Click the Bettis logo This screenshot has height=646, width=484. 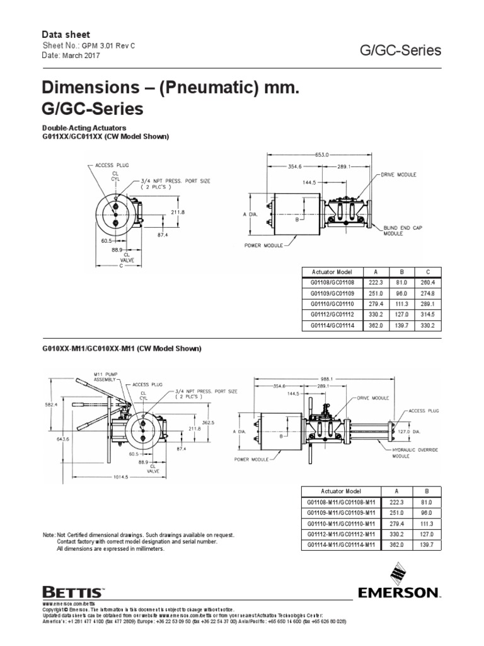[72, 592]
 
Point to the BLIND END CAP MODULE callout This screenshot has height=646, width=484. [401, 229]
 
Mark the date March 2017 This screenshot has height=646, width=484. [80, 56]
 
